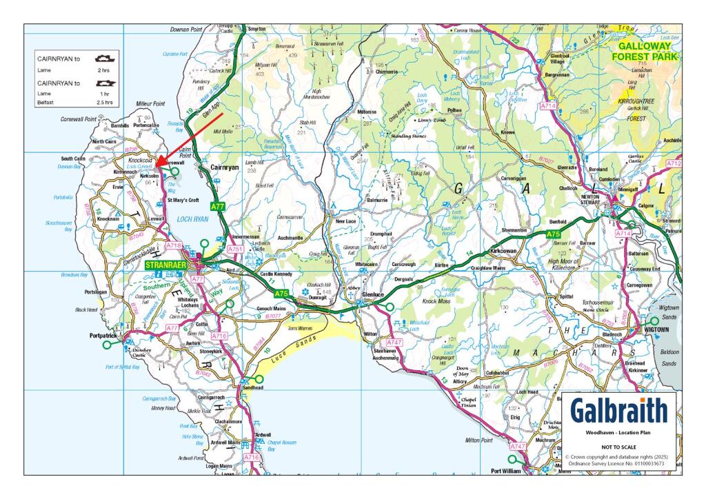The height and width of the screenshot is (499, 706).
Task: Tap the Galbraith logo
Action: pos(618,411)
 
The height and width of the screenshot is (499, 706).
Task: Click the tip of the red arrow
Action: pos(156,165)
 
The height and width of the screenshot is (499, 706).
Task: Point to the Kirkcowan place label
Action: pos(504,252)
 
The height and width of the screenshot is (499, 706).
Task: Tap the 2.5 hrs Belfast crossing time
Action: pos(105,102)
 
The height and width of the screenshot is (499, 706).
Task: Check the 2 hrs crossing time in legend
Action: pos(103,70)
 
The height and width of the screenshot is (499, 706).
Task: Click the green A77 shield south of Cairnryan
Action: pos(217,206)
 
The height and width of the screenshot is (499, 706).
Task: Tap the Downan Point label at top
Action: pos(186,30)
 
